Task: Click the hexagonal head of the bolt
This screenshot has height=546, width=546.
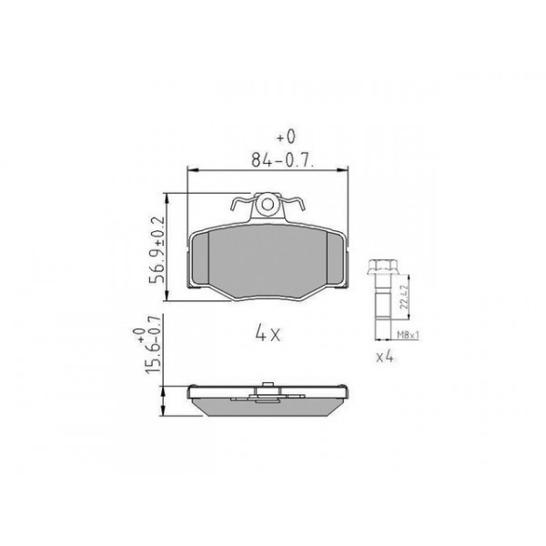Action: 380,269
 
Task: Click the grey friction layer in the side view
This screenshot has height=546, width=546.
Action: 268,409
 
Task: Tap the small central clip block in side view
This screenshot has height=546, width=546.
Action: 268,388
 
